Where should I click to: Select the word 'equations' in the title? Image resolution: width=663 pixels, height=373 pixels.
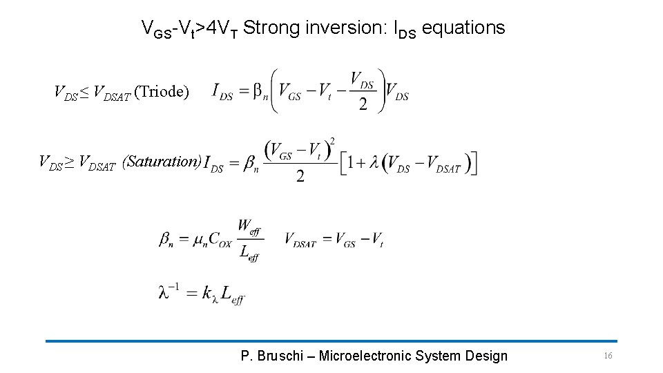coord(463,28)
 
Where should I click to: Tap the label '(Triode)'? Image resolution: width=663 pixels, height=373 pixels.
coord(161,91)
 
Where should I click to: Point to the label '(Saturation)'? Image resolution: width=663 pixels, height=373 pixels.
coord(162,162)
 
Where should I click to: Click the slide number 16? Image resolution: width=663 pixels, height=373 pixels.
coord(608,356)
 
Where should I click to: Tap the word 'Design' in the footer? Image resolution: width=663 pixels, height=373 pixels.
coord(487,356)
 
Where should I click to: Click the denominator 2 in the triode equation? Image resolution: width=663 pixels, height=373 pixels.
coord(363,106)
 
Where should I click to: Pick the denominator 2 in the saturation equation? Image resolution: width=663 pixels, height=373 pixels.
coord(300,177)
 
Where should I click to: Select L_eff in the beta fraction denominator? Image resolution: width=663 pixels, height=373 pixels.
coord(249,254)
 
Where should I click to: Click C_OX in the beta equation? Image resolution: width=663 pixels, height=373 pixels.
coord(220,240)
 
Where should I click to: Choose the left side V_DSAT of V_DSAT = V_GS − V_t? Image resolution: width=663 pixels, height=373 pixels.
coord(300,240)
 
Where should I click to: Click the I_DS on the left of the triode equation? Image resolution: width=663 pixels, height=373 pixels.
coord(222,93)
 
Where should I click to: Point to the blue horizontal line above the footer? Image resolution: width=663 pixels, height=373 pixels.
coord(331,341)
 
